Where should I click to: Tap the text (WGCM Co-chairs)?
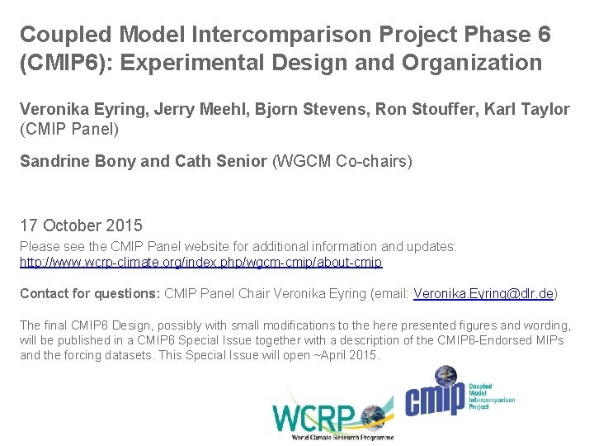[x=342, y=162]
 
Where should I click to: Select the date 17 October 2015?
[x=81, y=225]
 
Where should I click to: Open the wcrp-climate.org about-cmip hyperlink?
[x=200, y=263]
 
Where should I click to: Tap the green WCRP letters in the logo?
[x=313, y=416]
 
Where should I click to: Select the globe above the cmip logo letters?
[x=446, y=376]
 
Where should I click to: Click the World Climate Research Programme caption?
[x=342, y=437]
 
